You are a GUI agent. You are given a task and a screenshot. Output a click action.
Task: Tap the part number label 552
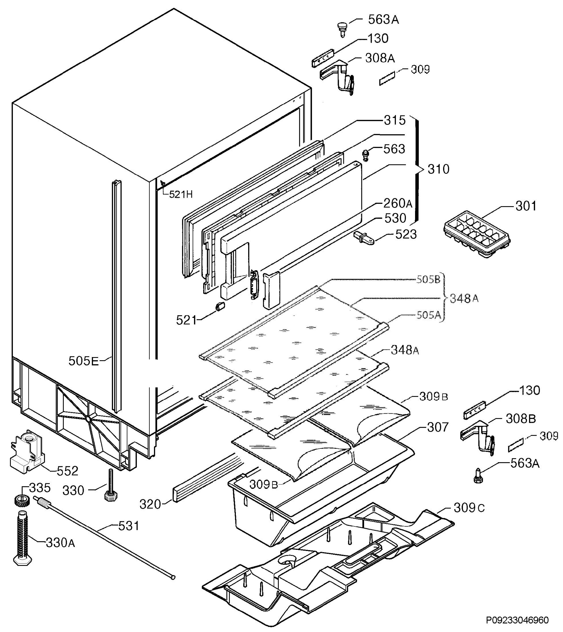(67, 471)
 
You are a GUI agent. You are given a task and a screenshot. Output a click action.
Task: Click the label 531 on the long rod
(129, 526)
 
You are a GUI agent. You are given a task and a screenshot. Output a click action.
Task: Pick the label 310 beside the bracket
(438, 169)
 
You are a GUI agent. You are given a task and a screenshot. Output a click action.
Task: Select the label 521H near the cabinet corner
(181, 194)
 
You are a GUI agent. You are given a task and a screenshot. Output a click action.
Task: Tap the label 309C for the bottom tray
(469, 508)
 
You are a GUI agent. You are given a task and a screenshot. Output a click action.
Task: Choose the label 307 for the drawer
(438, 427)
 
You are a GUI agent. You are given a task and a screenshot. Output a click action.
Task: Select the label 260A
(398, 203)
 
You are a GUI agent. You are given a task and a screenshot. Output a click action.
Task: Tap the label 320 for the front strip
(150, 505)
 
